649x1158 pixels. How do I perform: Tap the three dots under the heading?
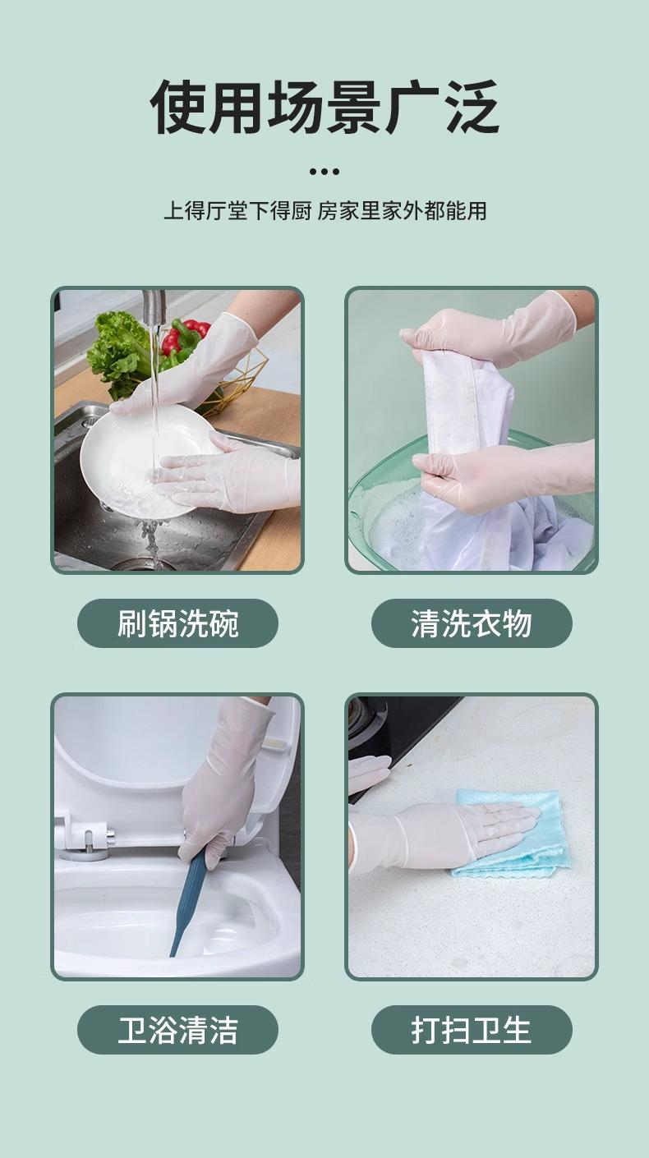(x=324, y=172)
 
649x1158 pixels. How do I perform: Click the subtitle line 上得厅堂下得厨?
(x=238, y=211)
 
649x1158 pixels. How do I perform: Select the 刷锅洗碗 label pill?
(x=178, y=623)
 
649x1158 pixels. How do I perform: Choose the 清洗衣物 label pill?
(x=472, y=623)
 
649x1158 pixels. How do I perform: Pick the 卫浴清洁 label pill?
(x=178, y=1030)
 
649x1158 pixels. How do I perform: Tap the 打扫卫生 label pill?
(x=472, y=1030)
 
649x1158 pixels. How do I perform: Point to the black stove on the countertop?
(x=393, y=734)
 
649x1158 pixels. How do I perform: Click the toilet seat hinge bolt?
(x=88, y=839)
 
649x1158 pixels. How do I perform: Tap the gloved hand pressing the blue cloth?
(x=444, y=836)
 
